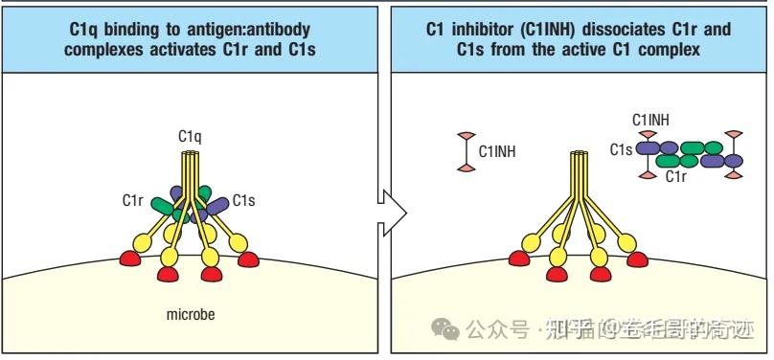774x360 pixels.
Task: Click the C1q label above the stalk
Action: [190, 136]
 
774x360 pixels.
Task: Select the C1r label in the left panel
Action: [133, 200]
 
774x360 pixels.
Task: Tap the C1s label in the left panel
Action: [244, 200]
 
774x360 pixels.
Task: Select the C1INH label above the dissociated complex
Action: [651, 120]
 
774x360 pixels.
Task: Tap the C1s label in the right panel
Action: [621, 148]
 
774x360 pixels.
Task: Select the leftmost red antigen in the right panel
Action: [520, 259]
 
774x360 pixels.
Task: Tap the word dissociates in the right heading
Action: [620, 30]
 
